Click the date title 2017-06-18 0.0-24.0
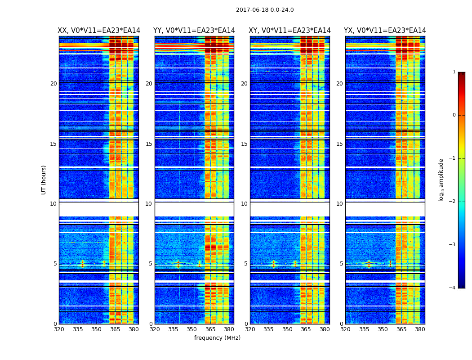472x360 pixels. (x=265, y=10)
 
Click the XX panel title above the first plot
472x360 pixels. (x=99, y=31)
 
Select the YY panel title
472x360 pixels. (x=194, y=31)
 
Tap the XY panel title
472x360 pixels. (x=290, y=31)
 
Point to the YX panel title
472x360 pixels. (x=385, y=31)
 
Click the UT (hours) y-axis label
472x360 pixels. (x=44, y=180)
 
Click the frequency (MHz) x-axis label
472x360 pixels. (x=217, y=338)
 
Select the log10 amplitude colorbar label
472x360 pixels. (x=441, y=180)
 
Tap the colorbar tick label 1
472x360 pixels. (x=454, y=72)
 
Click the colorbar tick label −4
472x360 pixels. (x=453, y=288)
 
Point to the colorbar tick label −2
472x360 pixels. (x=453, y=202)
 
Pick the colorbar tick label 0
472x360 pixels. (x=454, y=115)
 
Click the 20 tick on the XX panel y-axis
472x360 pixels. (x=53, y=84)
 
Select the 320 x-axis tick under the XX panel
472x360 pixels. (x=59, y=329)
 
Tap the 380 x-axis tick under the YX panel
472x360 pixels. (x=420, y=329)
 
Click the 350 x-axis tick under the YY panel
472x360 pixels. (x=192, y=329)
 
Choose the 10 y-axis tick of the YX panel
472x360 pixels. (x=339, y=204)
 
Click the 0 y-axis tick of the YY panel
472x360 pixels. (x=151, y=324)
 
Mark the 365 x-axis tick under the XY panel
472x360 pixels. (x=306, y=329)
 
